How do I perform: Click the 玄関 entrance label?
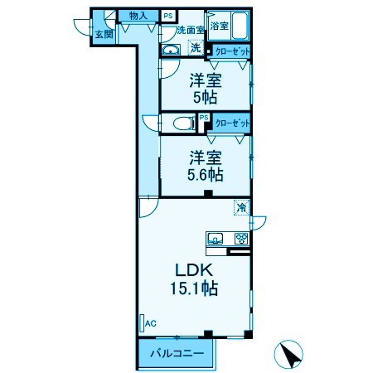pyautogui.click(x=104, y=34)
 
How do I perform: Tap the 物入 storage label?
pyautogui.click(x=138, y=16)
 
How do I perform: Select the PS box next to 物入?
pyautogui.click(x=168, y=16)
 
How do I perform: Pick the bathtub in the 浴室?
pyautogui.click(x=237, y=25)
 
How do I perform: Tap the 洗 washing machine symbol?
pyautogui.click(x=196, y=48)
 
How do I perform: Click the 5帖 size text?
pyautogui.click(x=206, y=98)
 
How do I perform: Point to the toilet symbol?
pyautogui.click(x=180, y=124)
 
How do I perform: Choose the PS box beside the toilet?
pyautogui.click(x=203, y=118)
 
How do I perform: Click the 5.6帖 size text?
pyautogui.click(x=206, y=175)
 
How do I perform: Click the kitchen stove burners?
pyautogui.click(x=241, y=239)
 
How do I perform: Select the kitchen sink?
pyautogui.click(x=216, y=239)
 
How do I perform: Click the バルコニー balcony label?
pyautogui.click(x=177, y=354)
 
